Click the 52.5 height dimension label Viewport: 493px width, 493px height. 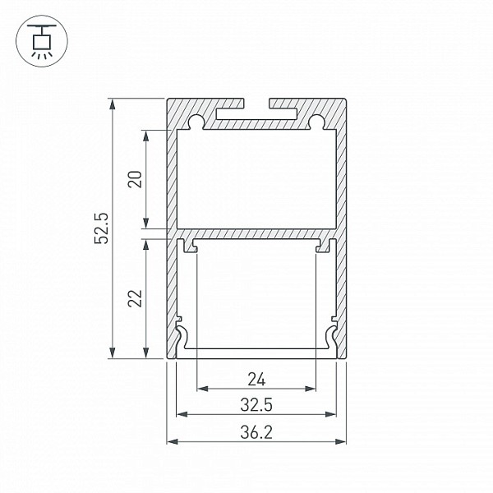point(102,228)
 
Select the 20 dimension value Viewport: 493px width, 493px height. point(135,179)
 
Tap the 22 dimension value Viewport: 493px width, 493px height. point(135,298)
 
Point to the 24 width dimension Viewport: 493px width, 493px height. point(256,379)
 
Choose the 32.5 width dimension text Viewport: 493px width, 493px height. point(256,404)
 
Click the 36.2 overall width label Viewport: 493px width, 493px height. point(256,432)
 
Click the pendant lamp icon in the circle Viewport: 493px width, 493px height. point(42,41)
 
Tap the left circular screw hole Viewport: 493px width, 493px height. point(196,121)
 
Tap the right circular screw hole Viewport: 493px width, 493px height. point(316,121)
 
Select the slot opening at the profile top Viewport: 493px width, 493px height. point(256,104)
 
